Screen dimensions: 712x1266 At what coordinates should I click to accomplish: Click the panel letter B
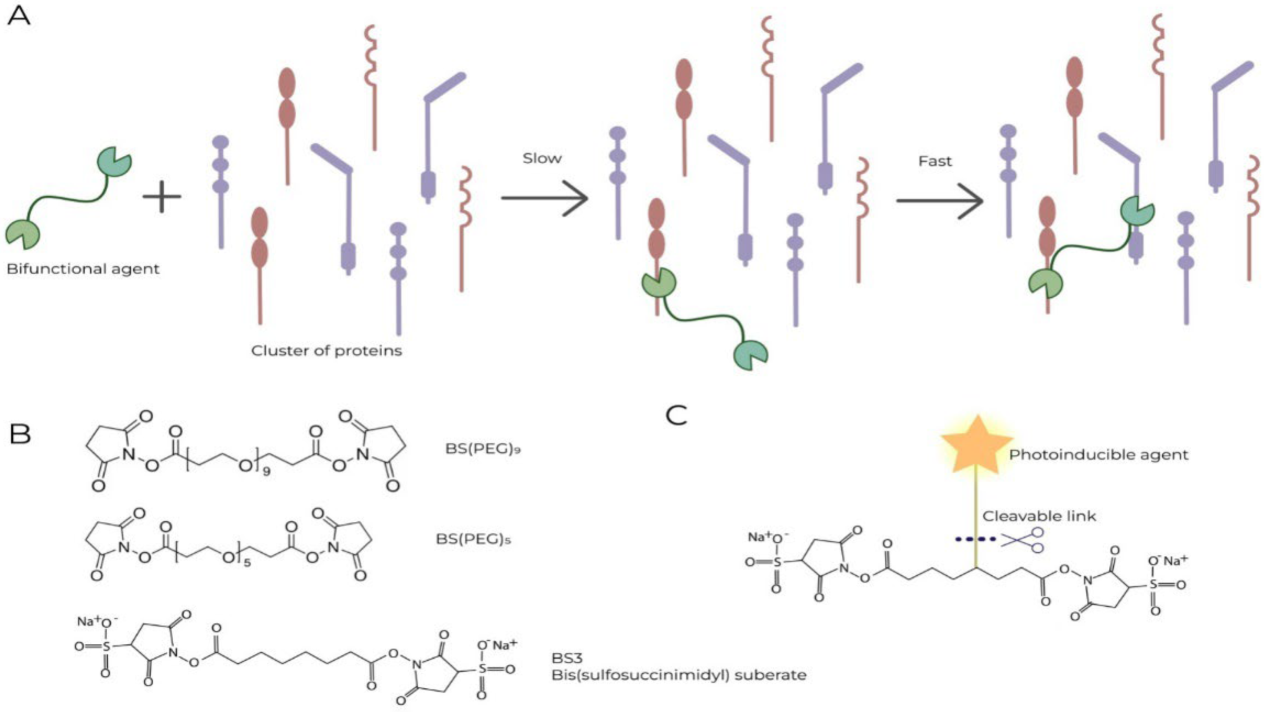click(20, 435)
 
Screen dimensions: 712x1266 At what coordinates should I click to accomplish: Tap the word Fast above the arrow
click(935, 161)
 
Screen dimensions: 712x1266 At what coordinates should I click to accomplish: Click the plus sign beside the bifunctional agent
click(162, 196)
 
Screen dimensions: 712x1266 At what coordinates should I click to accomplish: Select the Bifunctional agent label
click(83, 269)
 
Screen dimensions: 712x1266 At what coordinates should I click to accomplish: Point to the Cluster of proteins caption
click(326, 351)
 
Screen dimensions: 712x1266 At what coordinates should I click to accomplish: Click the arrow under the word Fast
click(939, 201)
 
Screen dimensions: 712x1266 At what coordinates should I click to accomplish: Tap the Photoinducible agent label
click(1099, 455)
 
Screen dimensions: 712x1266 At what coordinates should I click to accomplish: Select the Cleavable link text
click(1039, 516)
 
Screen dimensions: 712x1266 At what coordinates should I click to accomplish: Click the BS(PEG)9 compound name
click(483, 449)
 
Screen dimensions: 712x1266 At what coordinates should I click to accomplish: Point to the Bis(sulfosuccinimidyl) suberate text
click(679, 675)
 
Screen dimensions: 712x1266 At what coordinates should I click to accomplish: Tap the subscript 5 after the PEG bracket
click(247, 563)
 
